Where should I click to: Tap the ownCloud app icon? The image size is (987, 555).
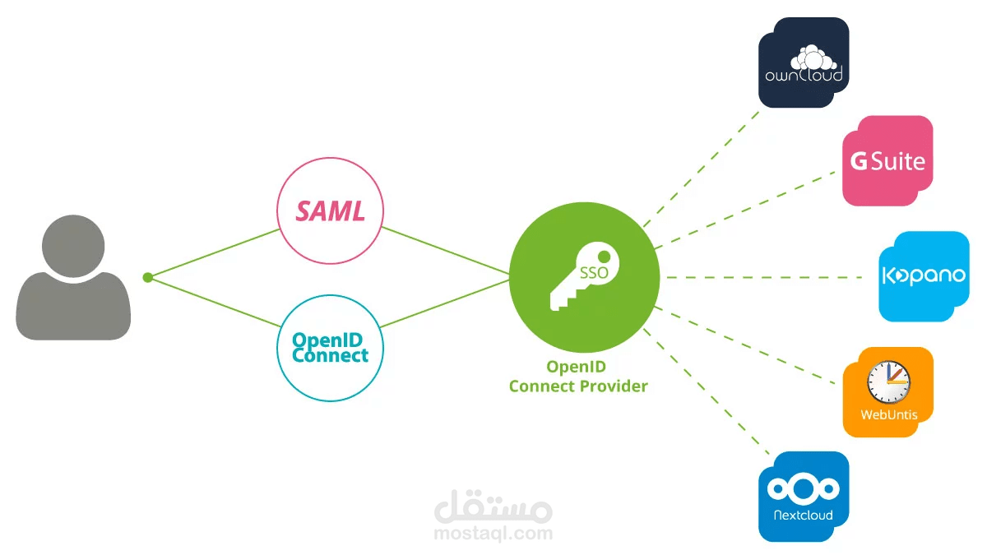pyautogui.click(x=804, y=62)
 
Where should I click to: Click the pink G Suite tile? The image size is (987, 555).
pyautogui.click(x=887, y=161)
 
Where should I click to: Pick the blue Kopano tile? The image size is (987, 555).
pyautogui.click(x=924, y=276)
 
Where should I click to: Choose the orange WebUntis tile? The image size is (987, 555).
pyautogui.click(x=887, y=392)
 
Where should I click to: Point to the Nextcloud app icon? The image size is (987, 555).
pyautogui.click(x=804, y=497)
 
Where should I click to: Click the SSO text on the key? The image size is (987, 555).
pyautogui.click(x=594, y=273)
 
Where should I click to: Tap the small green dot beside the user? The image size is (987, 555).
pyautogui.click(x=147, y=277)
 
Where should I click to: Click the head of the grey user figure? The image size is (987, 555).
pyautogui.click(x=73, y=246)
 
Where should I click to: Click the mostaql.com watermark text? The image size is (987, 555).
pyautogui.click(x=493, y=534)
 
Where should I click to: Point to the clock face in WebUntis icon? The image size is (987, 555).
pyautogui.click(x=888, y=382)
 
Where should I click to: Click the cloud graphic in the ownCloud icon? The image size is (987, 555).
pyautogui.click(x=813, y=58)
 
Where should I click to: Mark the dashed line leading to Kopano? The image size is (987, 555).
pyautogui.click(x=764, y=278)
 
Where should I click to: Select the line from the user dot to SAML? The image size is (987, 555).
pyautogui.click(x=213, y=253)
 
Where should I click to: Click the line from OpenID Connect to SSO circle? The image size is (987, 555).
pyautogui.click(x=445, y=303)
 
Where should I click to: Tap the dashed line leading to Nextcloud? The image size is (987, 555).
pyautogui.click(x=707, y=391)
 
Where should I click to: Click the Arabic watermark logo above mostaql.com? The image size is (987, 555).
pyautogui.click(x=493, y=506)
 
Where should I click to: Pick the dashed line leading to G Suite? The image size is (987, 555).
pyautogui.click(x=744, y=210)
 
